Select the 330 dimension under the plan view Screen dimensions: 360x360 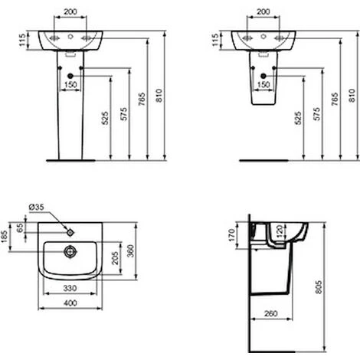tap(70, 289)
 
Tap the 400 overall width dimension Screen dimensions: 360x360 tap(70, 303)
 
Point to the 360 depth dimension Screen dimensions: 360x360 tap(130, 251)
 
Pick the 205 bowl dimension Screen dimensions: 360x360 tap(115, 258)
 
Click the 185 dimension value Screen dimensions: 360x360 tap(5, 237)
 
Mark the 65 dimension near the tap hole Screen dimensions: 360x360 tap(20, 227)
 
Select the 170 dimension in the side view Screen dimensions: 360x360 tap(231, 235)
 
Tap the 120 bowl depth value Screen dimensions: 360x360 tap(280, 231)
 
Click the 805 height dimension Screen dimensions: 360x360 tap(319, 287)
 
